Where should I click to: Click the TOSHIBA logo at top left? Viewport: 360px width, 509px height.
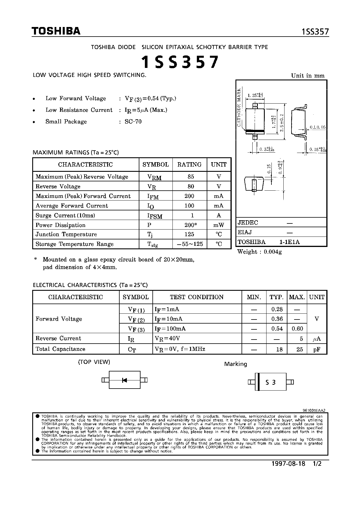point(56,31)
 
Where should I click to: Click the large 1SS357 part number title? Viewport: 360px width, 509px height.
point(180,62)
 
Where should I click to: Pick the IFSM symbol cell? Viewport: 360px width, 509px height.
point(155,216)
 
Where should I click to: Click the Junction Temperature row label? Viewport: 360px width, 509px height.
point(66,234)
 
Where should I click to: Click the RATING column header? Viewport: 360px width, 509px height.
point(189,165)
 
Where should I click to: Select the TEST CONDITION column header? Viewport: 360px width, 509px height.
point(197,297)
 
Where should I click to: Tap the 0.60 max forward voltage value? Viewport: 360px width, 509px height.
point(297,328)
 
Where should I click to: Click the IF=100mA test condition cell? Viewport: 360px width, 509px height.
point(170,328)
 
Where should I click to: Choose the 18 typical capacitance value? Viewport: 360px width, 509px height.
point(279,349)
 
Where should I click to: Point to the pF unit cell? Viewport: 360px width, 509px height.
point(317,349)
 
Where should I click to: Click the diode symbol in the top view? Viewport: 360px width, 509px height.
point(125,380)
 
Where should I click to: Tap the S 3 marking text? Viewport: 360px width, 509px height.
point(271,382)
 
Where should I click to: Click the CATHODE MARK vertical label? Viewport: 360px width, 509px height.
point(239,107)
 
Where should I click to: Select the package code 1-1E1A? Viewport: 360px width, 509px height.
point(289,242)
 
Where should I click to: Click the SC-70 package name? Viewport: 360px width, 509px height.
point(133,122)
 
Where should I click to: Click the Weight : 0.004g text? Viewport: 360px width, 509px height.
point(260,252)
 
